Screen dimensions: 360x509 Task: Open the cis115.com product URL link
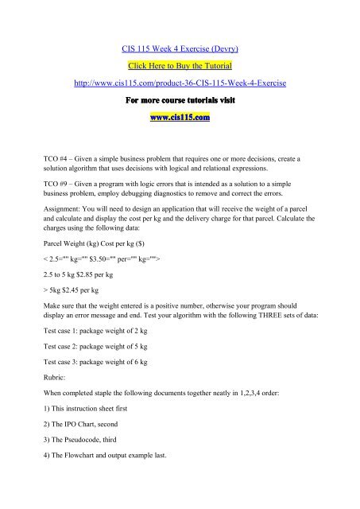[179, 83]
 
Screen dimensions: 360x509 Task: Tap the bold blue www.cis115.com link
[179, 120]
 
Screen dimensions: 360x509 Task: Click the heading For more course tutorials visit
[179, 102]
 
